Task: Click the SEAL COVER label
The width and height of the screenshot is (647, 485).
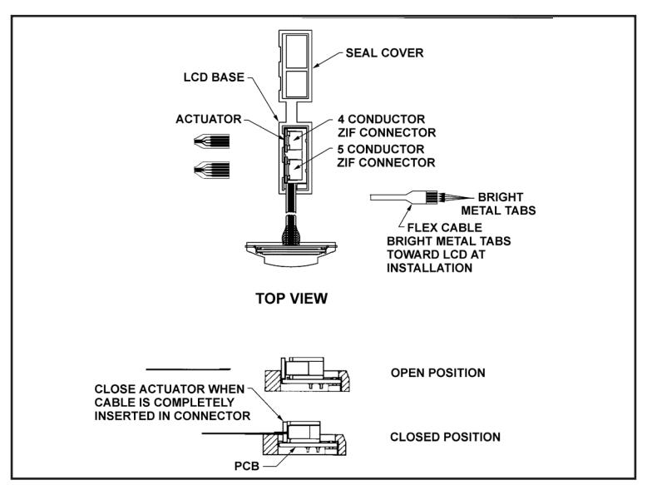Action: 384,53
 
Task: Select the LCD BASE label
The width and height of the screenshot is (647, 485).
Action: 214,77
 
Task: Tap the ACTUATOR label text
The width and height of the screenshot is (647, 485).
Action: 209,119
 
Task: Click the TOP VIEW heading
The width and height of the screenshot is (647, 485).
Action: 291,298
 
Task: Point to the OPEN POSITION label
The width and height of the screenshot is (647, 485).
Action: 437,373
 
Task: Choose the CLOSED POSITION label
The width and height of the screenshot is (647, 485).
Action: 445,437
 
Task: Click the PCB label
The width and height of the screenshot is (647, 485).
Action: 247,466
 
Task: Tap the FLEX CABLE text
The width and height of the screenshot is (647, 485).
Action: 444,227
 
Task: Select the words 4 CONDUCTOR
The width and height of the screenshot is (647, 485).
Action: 381,119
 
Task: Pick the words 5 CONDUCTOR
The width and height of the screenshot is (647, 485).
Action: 381,149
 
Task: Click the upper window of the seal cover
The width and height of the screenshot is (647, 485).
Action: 297,52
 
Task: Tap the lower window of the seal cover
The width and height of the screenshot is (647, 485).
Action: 297,85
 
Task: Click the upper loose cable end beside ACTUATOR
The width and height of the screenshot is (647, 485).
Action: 212,141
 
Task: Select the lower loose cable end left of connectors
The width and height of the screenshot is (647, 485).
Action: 212,170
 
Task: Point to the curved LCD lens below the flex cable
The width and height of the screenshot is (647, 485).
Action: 291,260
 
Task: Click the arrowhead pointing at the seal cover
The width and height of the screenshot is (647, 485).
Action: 316,65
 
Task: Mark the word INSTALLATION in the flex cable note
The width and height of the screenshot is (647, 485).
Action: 429,268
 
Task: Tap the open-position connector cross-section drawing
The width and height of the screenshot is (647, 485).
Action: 307,374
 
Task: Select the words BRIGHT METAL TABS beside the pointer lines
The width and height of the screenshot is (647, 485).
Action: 498,204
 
